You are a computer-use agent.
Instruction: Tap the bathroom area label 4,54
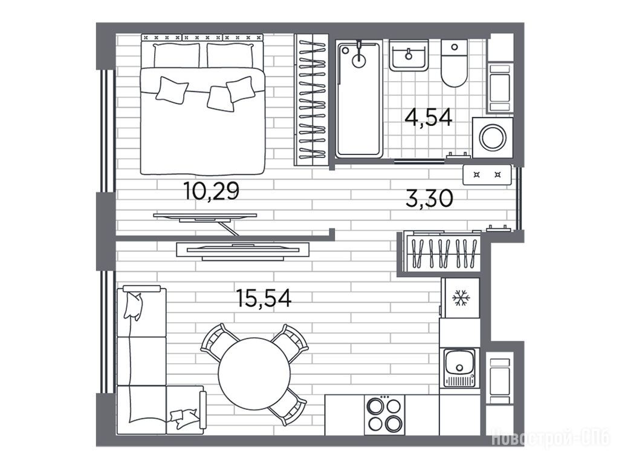429,117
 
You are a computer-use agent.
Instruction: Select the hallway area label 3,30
430,199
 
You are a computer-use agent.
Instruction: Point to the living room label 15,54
264,298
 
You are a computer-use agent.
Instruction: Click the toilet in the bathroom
454,63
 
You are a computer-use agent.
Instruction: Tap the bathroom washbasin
409,55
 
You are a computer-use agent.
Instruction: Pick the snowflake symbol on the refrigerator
460,298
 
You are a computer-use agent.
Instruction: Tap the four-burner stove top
384,415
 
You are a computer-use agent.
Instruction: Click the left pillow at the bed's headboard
177,55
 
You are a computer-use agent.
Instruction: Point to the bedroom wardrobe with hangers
311,100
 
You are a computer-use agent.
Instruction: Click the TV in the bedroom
205,217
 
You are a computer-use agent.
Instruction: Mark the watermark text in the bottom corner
552,438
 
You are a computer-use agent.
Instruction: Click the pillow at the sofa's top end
132,305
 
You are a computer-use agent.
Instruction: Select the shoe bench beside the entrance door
487,175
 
